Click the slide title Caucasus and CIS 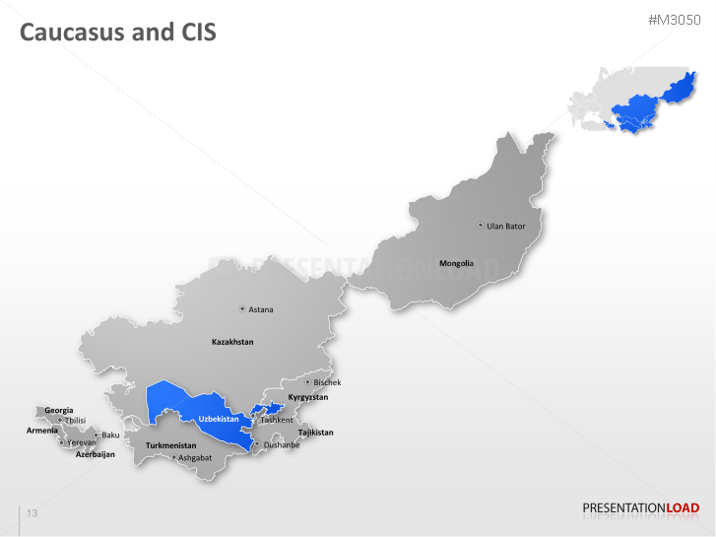(118, 33)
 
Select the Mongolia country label (456, 263)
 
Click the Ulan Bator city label (506, 226)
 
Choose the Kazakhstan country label (232, 342)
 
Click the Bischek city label (327, 382)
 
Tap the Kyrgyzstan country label (307, 397)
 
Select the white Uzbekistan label (219, 420)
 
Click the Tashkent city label (276, 420)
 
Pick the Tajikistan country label (315, 433)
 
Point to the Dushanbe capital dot (257, 444)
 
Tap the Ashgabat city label (195, 457)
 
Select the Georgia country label (59, 410)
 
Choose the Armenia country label (41, 431)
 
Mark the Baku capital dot (96, 435)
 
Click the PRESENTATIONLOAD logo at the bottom (640, 508)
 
